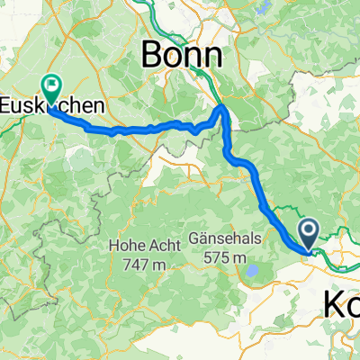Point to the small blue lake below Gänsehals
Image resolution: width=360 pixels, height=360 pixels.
tap(255, 271)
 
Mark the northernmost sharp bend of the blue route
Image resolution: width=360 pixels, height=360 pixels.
tap(224, 108)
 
